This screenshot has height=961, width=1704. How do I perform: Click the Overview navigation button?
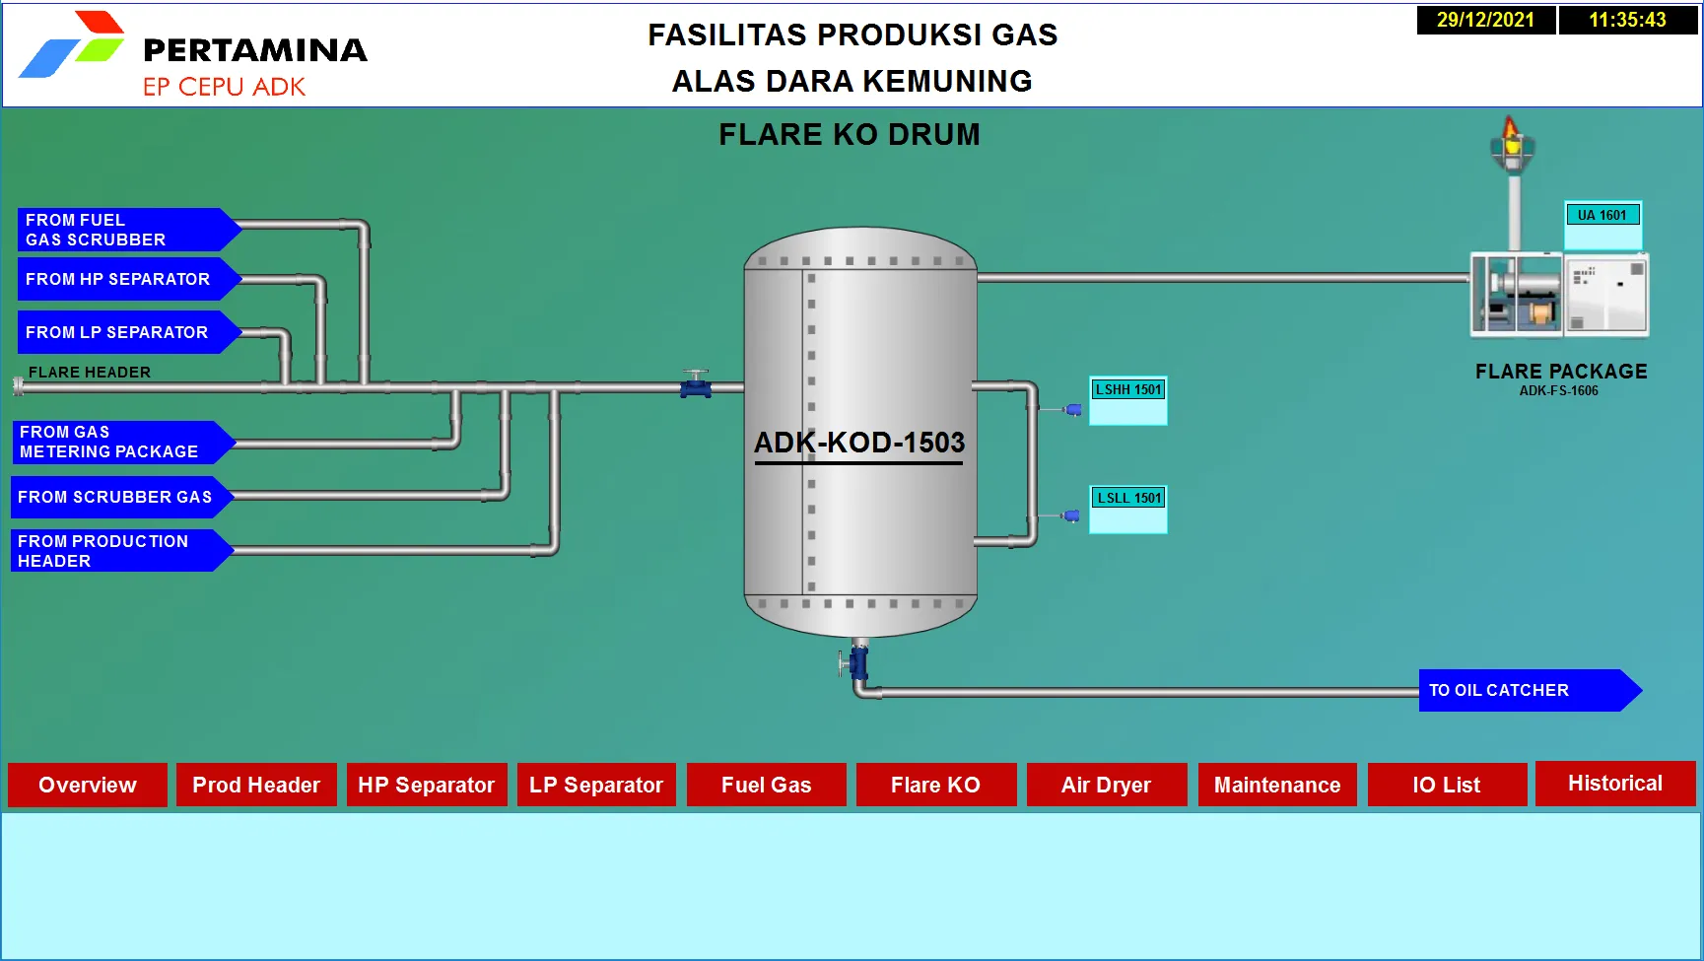(88, 785)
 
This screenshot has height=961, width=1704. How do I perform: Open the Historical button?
(1614, 784)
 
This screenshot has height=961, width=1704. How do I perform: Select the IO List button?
(1446, 785)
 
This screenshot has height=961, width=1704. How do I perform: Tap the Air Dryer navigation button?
(1106, 785)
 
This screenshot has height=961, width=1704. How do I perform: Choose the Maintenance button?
(1276, 785)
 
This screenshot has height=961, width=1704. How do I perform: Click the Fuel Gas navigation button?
(766, 785)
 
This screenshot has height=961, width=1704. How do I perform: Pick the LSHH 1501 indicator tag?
(1128, 390)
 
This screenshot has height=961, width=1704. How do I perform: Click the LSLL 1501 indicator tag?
(1128, 499)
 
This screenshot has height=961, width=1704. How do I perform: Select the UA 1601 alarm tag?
(1602, 216)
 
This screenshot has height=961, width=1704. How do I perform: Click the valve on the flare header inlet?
(696, 385)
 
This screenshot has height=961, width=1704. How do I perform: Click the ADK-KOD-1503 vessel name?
(858, 443)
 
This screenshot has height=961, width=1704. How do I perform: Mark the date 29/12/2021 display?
(1485, 20)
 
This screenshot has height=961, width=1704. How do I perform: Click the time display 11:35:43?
(1627, 20)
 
